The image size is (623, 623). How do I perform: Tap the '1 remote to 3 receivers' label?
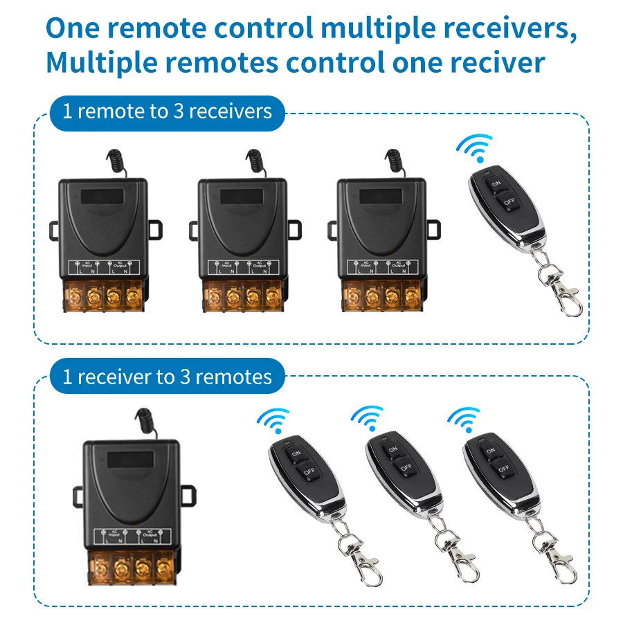(167, 112)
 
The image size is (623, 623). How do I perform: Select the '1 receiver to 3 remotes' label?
(167, 377)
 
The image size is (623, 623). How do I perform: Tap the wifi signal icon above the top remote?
(474, 147)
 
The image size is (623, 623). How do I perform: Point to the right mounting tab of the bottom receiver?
(186, 493)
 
